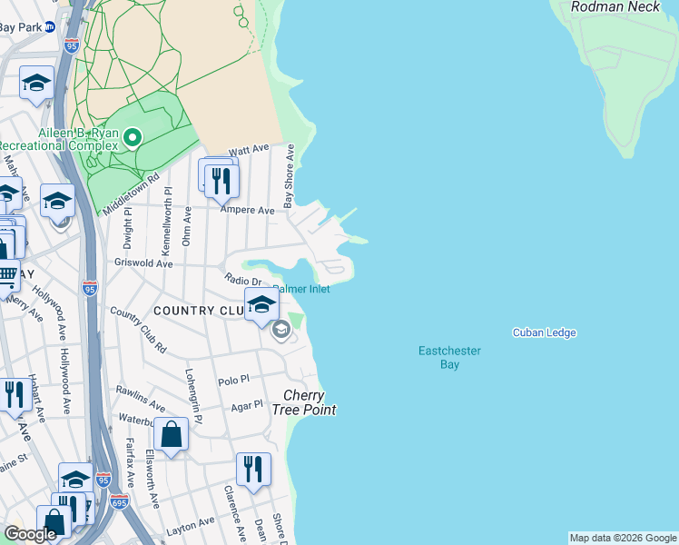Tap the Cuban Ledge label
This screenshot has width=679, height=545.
click(544, 333)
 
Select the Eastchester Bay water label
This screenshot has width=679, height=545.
click(449, 357)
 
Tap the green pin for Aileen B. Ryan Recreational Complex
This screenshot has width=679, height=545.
click(133, 138)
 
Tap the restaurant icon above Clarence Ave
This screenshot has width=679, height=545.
click(253, 469)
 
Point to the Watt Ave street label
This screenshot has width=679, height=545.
click(250, 149)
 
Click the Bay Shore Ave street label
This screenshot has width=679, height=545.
click(290, 175)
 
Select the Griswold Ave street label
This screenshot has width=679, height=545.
click(143, 264)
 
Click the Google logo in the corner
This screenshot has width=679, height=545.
click(30, 534)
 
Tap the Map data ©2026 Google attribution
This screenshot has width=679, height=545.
click(622, 538)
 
